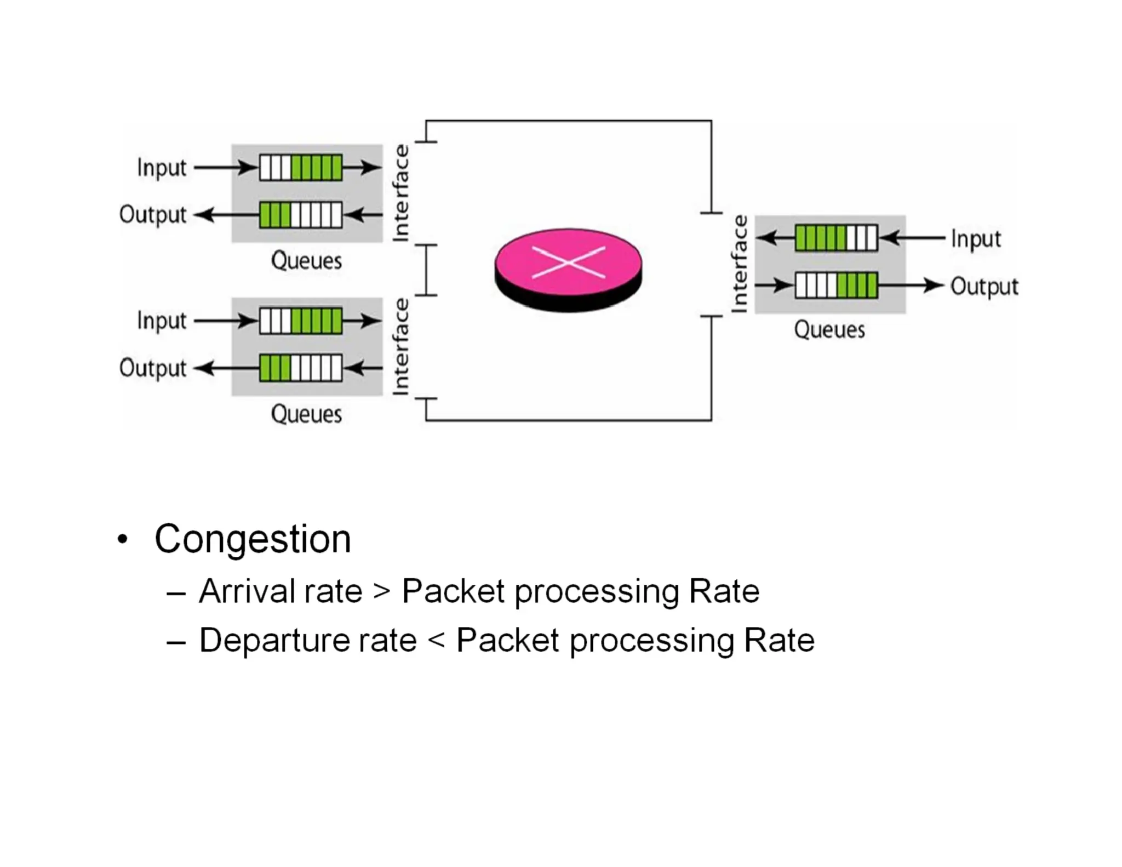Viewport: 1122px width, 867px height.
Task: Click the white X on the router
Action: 568,263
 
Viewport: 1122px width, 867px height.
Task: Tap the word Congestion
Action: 253,539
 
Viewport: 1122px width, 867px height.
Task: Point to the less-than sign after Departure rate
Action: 436,640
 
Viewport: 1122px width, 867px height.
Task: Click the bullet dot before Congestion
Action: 123,540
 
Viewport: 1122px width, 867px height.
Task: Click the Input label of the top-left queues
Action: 162,168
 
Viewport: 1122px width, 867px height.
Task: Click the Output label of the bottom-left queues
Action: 153,368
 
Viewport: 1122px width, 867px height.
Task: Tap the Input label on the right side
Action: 976,239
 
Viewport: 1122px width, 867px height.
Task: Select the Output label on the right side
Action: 984,287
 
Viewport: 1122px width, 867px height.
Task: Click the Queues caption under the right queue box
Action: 829,330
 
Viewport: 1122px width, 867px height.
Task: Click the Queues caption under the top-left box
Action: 306,261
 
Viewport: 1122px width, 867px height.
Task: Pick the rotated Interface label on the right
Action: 740,264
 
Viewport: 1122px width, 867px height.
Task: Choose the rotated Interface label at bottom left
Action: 401,346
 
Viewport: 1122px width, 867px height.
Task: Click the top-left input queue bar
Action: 300,167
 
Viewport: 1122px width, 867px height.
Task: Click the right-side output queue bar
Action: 836,286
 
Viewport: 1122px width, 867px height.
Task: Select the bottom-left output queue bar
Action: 300,368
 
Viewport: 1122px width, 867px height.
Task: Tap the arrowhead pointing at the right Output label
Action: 932,286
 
